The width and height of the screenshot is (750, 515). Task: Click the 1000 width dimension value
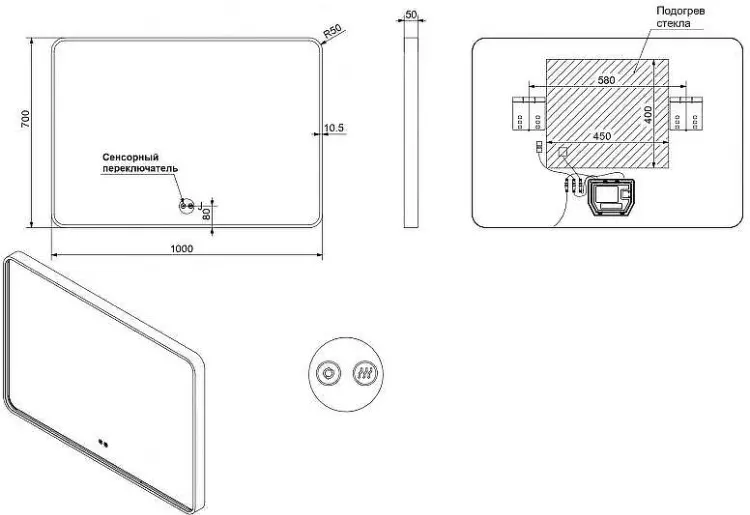click(x=182, y=248)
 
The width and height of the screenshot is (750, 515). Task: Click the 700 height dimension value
click(x=25, y=119)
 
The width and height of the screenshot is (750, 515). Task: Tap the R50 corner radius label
click(x=332, y=31)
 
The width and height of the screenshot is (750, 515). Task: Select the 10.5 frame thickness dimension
click(x=334, y=128)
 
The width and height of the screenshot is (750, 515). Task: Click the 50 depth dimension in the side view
click(x=411, y=14)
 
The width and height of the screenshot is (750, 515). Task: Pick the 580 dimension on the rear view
click(x=606, y=80)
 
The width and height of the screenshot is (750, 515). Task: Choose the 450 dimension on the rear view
click(x=602, y=136)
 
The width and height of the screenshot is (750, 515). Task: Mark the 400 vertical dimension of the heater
click(x=648, y=115)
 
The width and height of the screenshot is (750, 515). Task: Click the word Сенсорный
click(x=131, y=157)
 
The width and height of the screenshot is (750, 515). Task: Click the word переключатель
click(x=140, y=168)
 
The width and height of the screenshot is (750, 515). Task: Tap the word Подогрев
click(x=680, y=11)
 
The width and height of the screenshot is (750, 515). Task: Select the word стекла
click(x=673, y=23)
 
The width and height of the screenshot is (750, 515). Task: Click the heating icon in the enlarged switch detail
click(x=365, y=373)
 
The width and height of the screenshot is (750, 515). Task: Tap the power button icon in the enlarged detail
click(x=328, y=373)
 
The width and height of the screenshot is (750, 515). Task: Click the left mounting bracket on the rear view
click(x=529, y=113)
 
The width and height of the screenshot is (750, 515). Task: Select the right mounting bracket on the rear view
click(x=686, y=113)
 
